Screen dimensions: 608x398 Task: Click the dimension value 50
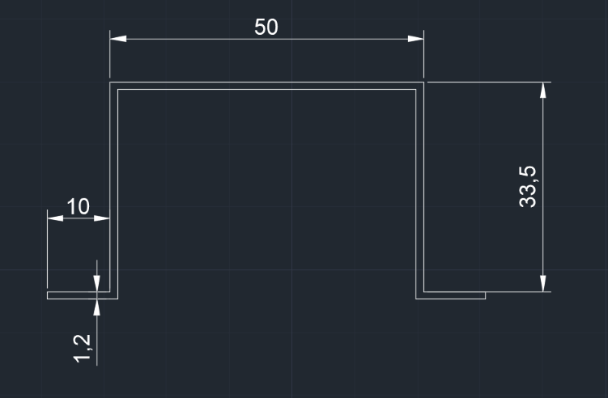point(266,27)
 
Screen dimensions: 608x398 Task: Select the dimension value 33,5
point(528,187)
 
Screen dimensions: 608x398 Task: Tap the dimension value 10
point(79,206)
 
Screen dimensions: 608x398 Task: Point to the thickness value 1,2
point(83,346)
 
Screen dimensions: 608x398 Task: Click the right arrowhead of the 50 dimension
point(415,39)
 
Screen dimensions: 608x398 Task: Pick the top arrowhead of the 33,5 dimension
point(543,90)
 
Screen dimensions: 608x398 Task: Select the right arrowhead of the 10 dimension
point(102,218)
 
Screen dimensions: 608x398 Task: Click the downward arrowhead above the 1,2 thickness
point(96,284)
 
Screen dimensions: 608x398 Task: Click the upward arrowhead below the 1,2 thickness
point(96,306)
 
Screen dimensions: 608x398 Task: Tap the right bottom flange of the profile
point(452,295)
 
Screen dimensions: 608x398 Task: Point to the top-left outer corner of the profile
point(110,82)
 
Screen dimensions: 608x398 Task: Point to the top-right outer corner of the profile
point(424,82)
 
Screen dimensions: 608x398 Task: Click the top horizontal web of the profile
point(267,86)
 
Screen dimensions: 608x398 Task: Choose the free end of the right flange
point(485,295)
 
